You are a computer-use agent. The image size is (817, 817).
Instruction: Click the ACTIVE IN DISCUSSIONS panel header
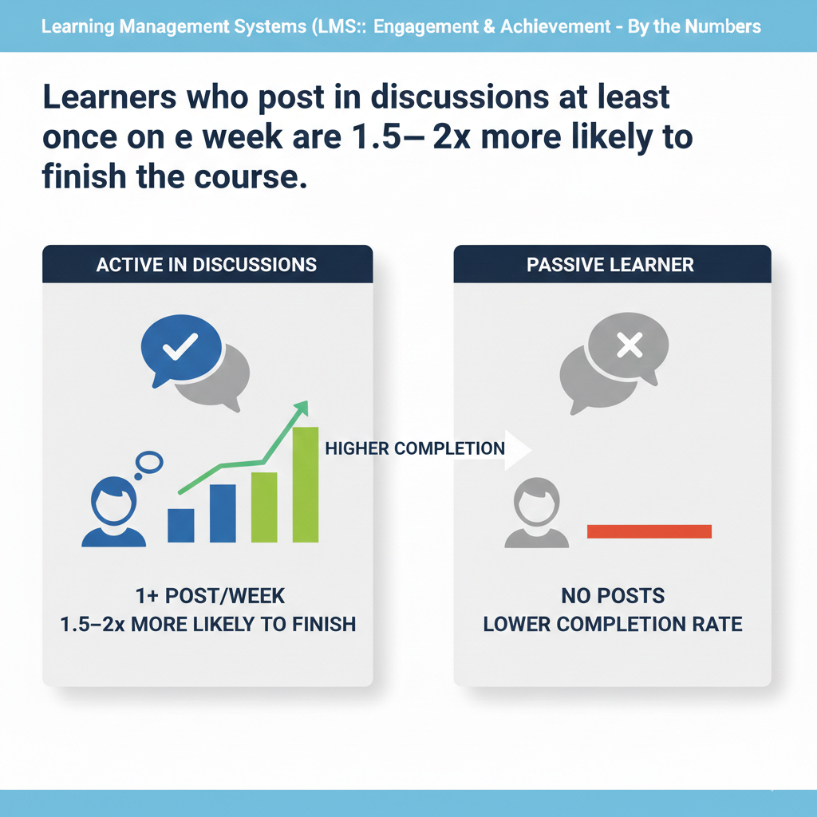point(207,264)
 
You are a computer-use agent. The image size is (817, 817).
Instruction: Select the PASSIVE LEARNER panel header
point(610,264)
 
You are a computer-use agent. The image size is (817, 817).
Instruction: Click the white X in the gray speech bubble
point(630,345)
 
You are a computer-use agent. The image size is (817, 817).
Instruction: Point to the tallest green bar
point(306,484)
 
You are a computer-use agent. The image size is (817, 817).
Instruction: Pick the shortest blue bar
point(181,525)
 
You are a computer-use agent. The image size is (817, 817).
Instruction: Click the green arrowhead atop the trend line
point(301,408)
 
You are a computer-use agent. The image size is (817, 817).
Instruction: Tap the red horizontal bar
point(649,531)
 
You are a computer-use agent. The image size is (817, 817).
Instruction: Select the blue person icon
point(114,514)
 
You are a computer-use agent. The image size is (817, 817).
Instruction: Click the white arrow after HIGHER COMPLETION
point(519,449)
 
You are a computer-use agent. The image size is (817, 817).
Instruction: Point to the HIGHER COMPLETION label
point(415,449)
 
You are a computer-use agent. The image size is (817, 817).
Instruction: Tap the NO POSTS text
point(613,596)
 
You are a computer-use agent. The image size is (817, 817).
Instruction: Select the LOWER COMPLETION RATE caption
point(613,623)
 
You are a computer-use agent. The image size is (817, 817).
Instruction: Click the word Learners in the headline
point(107,98)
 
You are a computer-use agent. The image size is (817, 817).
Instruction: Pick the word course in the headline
point(244,174)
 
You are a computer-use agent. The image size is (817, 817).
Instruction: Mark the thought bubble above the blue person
point(149,462)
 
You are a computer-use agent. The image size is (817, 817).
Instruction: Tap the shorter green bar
point(264,507)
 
